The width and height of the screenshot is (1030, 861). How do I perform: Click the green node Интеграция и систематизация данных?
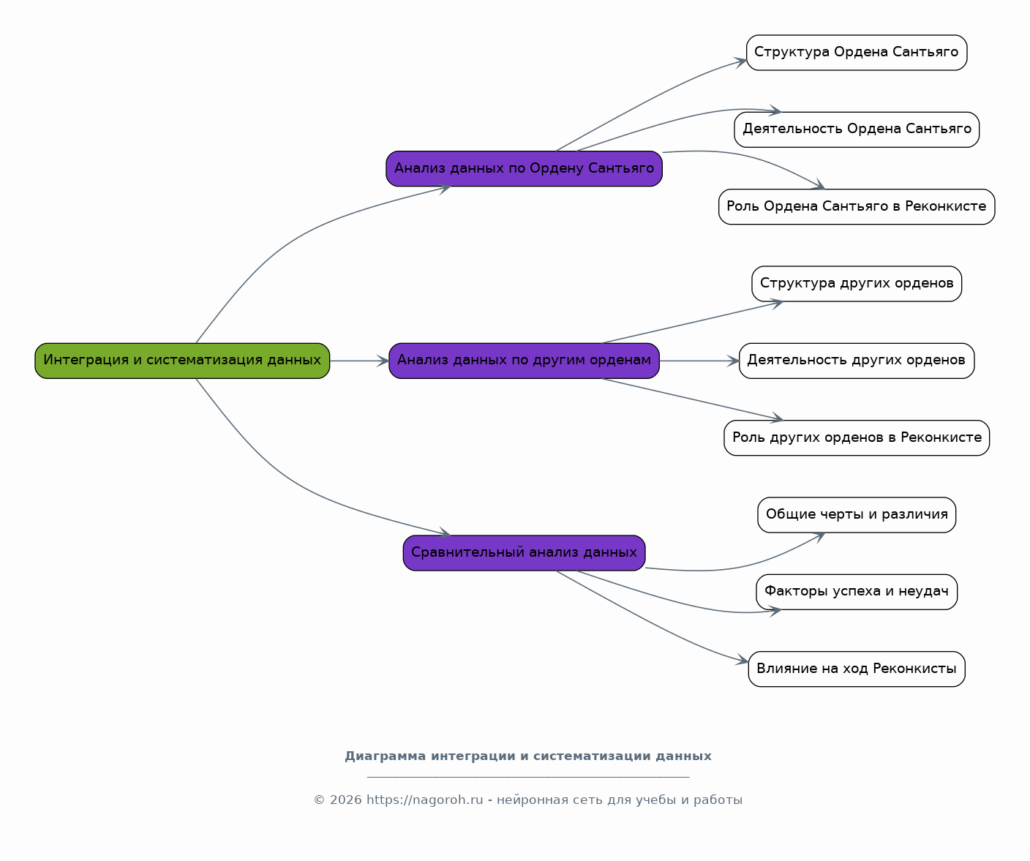pos(182,361)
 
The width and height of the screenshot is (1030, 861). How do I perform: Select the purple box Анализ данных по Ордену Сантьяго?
pos(524,169)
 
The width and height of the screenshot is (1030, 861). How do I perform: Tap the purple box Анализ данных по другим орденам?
pos(524,361)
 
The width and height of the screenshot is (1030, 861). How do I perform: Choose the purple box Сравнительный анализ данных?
pos(524,553)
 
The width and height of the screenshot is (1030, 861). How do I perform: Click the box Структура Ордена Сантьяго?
pos(857,52)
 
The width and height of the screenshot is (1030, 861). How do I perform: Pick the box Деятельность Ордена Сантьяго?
pos(857,129)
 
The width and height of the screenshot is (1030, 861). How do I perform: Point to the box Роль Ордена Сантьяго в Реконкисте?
pos(857,207)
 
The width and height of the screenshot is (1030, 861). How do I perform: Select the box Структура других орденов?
pos(857,284)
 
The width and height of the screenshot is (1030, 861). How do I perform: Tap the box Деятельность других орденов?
pos(857,361)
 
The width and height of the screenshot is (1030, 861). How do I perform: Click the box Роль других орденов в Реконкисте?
pos(857,437)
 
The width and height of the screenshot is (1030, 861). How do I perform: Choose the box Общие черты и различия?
pos(857,515)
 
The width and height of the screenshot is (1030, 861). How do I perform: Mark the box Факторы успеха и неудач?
pos(857,592)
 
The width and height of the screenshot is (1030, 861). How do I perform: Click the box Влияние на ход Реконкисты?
pos(857,669)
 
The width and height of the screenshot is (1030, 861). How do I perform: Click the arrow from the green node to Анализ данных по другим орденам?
pos(359,361)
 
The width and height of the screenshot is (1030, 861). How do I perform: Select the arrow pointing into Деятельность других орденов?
pos(699,361)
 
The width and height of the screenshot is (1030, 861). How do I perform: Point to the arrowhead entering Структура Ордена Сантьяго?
pos(740,62)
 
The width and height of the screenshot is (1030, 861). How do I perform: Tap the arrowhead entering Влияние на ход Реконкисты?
pos(743,660)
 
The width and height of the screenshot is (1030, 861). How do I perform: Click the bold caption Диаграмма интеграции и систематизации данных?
pos(528,756)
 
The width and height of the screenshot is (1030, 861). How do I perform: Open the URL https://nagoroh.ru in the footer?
pos(425,800)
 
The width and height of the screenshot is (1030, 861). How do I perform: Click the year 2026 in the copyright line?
pos(345,800)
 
